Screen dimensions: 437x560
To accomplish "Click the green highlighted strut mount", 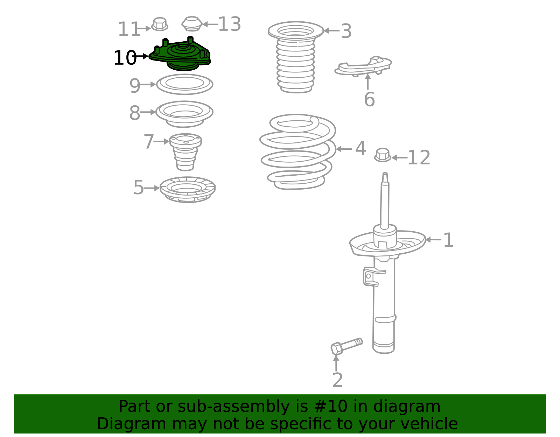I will click(180, 55).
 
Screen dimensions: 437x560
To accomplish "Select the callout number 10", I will click(125, 58).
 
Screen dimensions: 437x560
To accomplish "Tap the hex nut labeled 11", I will click(160, 24).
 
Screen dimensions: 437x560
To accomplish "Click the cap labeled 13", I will click(192, 24).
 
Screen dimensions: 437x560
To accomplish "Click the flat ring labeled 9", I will click(184, 84).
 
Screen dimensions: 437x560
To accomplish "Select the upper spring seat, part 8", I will click(184, 113).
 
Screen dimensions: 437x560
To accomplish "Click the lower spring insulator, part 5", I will click(187, 189).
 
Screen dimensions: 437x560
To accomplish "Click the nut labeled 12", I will click(383, 155).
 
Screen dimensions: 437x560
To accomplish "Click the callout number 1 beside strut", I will click(448, 240).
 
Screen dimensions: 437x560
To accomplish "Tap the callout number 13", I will click(230, 24).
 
